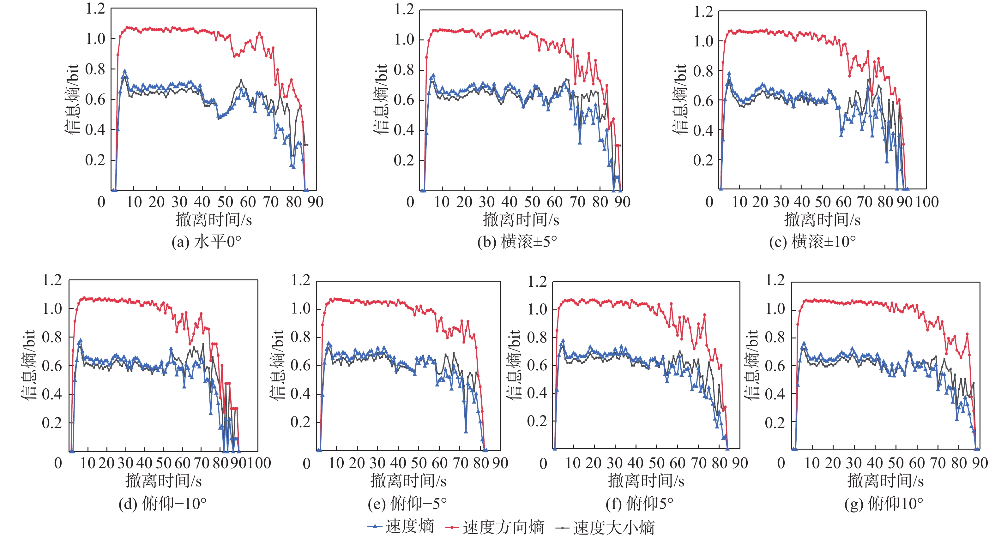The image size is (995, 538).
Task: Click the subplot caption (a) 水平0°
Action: click(x=206, y=242)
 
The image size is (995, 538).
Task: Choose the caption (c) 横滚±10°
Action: click(x=812, y=242)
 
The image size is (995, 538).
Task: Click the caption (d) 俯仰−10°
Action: click(x=163, y=504)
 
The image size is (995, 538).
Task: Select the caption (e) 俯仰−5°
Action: click(x=407, y=504)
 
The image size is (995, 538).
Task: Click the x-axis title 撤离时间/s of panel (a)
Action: click(x=214, y=220)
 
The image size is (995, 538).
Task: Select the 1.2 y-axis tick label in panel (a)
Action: click(x=95, y=9)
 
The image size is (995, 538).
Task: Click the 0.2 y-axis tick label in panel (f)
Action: click(x=537, y=421)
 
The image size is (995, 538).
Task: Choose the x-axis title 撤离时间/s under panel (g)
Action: click(x=885, y=481)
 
